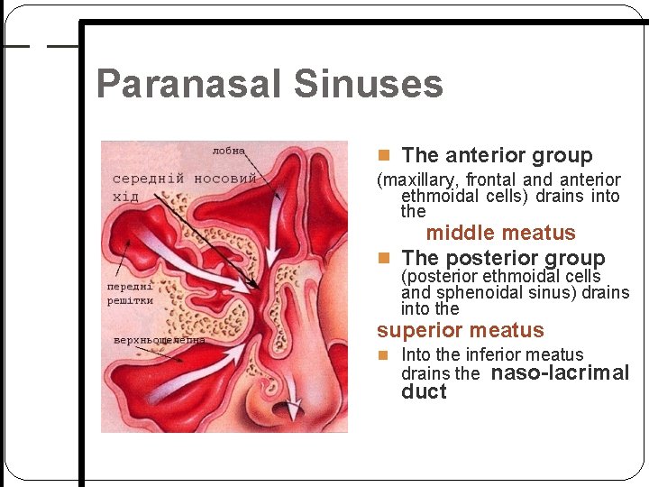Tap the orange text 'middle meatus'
pyautogui.click(x=500, y=234)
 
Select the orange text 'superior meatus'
pyautogui.click(x=461, y=331)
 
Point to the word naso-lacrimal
pyautogui.click(x=561, y=373)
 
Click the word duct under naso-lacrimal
pyautogui.click(x=424, y=392)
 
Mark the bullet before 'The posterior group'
pyautogui.click(x=384, y=259)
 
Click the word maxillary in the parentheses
pyautogui.click(x=417, y=180)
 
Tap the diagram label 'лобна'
pyautogui.click(x=228, y=150)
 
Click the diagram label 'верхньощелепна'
pyautogui.click(x=159, y=341)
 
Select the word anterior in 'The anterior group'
pyautogui.click(x=489, y=156)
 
